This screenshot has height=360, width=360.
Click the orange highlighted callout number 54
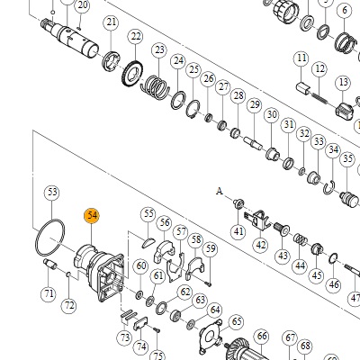[x=92, y=215]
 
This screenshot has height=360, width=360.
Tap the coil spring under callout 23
[x=155, y=86]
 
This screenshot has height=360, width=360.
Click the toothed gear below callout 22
[x=132, y=74]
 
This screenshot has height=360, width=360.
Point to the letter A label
[x=220, y=191]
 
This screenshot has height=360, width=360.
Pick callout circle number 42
[x=261, y=245]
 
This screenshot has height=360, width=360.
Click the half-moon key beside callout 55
[x=148, y=242]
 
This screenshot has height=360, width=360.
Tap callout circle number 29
[x=255, y=105]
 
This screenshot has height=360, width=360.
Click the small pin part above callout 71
[x=50, y=264]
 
